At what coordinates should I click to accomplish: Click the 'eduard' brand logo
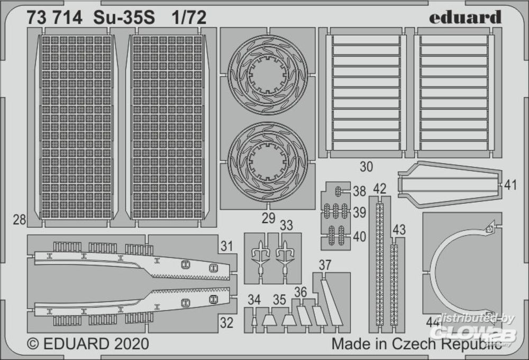[465, 17]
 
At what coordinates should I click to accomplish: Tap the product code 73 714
[54, 17]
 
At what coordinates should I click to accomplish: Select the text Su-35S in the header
[124, 17]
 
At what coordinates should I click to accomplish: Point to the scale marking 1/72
[189, 17]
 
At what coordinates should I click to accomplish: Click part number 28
[19, 220]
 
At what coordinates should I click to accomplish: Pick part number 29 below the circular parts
[269, 218]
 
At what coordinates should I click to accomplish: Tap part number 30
[367, 167]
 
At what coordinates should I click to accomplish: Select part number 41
[510, 185]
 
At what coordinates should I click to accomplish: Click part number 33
[286, 225]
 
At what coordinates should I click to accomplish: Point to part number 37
[325, 265]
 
